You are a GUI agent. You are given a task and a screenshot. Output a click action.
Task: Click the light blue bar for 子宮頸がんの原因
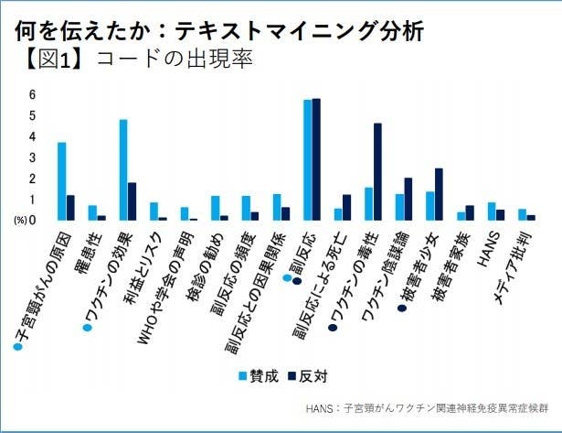[x=61, y=181]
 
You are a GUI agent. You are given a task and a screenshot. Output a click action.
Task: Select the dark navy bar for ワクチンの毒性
[x=377, y=171]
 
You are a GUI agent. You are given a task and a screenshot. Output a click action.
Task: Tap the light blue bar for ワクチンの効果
[x=123, y=169]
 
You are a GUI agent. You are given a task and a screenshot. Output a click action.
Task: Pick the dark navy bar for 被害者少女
[x=439, y=194]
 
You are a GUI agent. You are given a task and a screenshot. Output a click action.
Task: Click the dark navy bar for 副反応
[x=316, y=159]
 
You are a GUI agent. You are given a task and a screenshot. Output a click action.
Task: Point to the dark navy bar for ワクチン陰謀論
[x=408, y=199]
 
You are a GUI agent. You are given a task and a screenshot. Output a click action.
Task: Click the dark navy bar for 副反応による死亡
[x=346, y=208]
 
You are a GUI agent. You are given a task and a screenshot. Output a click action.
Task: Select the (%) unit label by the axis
[x=20, y=220]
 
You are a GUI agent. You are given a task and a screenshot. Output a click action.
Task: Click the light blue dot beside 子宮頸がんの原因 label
[x=17, y=346]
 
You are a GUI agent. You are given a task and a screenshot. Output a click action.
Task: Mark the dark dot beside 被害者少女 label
[x=401, y=308]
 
